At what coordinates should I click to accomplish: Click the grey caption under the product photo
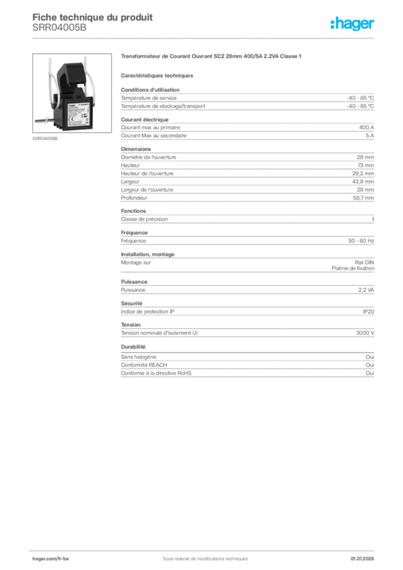point(44,139)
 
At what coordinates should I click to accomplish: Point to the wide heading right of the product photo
point(211,57)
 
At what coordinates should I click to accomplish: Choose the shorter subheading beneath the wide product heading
point(158,75)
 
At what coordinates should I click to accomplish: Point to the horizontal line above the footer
point(205,547)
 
